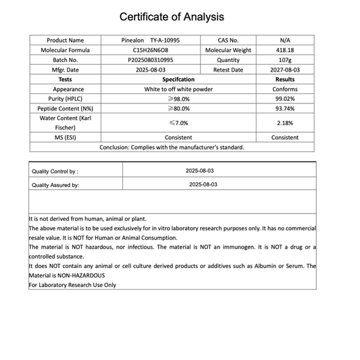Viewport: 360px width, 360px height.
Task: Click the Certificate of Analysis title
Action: pyautogui.click(x=172, y=17)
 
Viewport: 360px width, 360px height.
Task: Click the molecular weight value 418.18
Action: pyautogui.click(x=285, y=50)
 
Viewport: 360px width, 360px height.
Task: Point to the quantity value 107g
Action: pyautogui.click(x=285, y=60)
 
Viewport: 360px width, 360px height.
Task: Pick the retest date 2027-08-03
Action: pyautogui.click(x=285, y=70)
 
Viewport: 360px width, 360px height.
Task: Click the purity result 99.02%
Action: pyautogui.click(x=285, y=99)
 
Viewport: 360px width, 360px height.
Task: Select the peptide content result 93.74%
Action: pyautogui.click(x=285, y=108)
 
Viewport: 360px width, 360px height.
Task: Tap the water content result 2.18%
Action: pyautogui.click(x=285, y=123)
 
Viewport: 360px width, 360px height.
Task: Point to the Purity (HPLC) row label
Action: pyautogui.click(x=65, y=99)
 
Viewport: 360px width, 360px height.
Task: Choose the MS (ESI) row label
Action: pyautogui.click(x=65, y=137)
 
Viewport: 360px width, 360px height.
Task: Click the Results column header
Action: pyautogui.click(x=285, y=80)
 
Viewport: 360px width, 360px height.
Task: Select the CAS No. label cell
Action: pyautogui.click(x=228, y=41)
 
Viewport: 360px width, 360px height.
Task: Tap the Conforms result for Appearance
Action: pyautogui.click(x=285, y=89)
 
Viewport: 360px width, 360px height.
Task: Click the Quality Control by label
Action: pyautogui.click(x=55, y=172)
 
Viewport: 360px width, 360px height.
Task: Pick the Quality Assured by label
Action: pyautogui.click(x=55, y=185)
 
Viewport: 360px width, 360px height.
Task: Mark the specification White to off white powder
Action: pyautogui.click(x=178, y=89)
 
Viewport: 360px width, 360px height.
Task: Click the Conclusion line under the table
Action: pyautogui.click(x=172, y=147)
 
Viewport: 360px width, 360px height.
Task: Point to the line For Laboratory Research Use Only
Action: pyautogui.click(x=72, y=285)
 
